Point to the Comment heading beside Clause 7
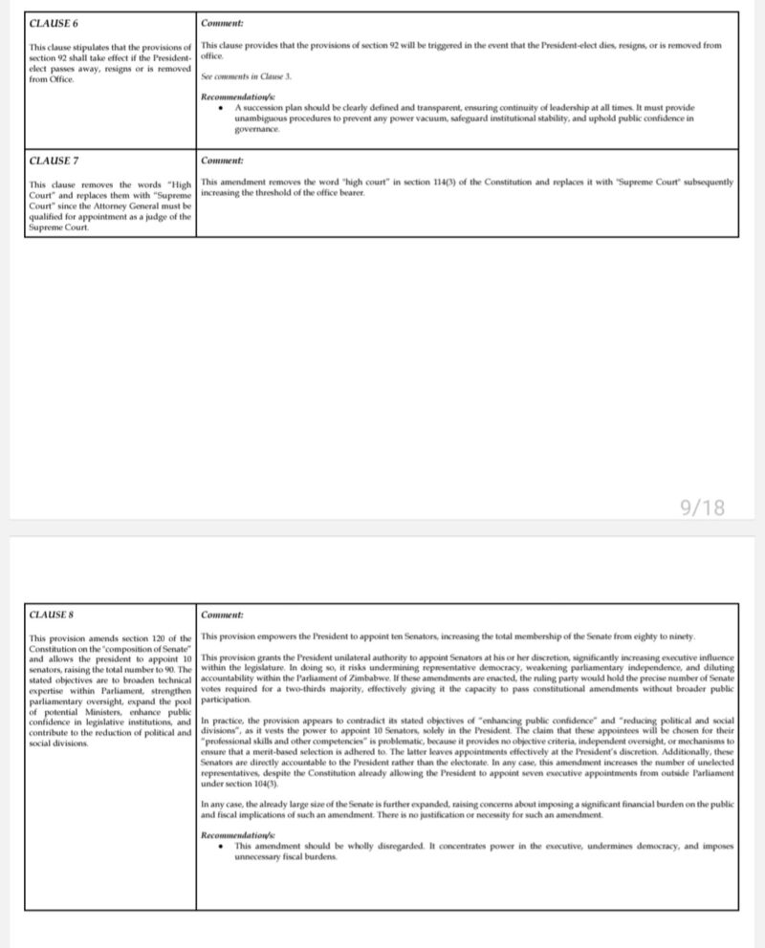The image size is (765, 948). [x=222, y=160]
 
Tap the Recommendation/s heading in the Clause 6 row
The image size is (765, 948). [x=239, y=97]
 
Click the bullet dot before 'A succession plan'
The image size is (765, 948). [x=222, y=107]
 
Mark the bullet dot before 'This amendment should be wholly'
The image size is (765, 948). [x=222, y=846]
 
